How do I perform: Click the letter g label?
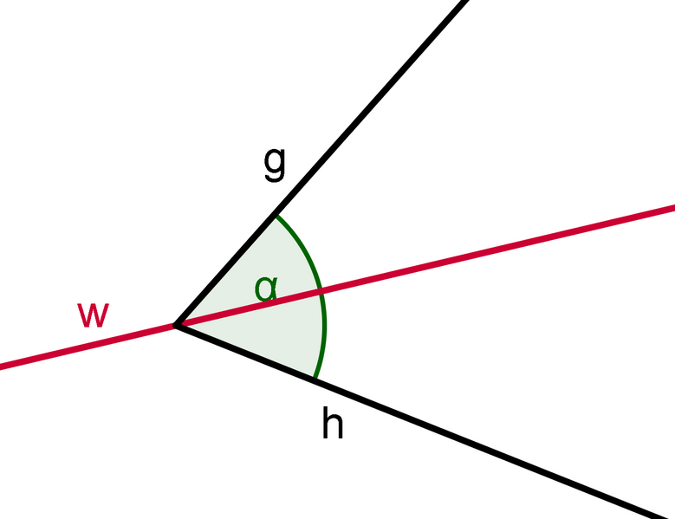click(274, 164)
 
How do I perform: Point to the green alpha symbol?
click(266, 288)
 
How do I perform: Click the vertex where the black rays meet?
click(176, 326)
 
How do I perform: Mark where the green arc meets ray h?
click(314, 380)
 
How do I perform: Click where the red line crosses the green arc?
click(321, 290)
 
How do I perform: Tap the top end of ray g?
click(465, 2)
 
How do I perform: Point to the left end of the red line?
click(3, 367)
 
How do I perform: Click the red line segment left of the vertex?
click(87, 347)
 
